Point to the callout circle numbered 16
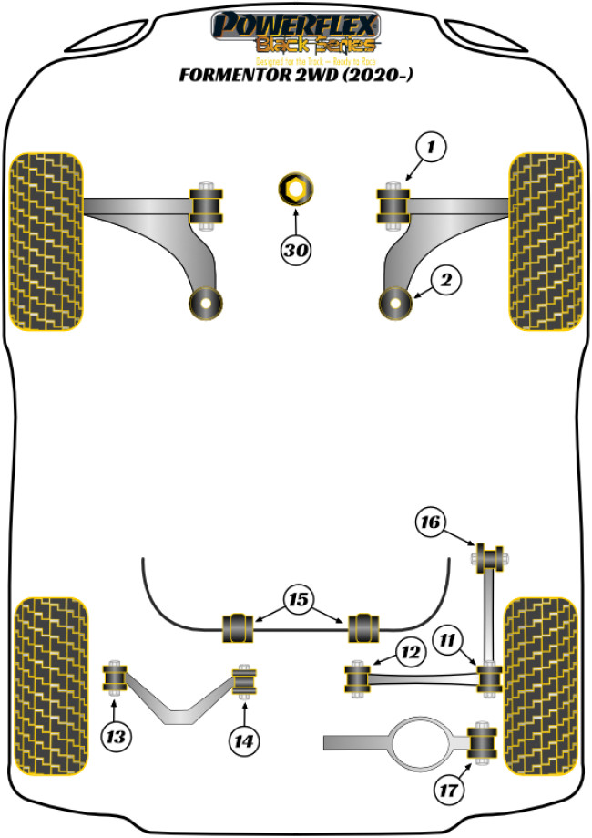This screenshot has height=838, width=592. coord(431,522)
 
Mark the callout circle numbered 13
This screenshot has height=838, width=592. coord(116,735)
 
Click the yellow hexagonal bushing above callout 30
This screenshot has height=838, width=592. coord(295,191)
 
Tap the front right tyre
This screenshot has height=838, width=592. coord(545,241)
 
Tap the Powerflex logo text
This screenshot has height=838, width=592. coord(295,23)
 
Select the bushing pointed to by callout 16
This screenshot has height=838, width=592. coord(490,554)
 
